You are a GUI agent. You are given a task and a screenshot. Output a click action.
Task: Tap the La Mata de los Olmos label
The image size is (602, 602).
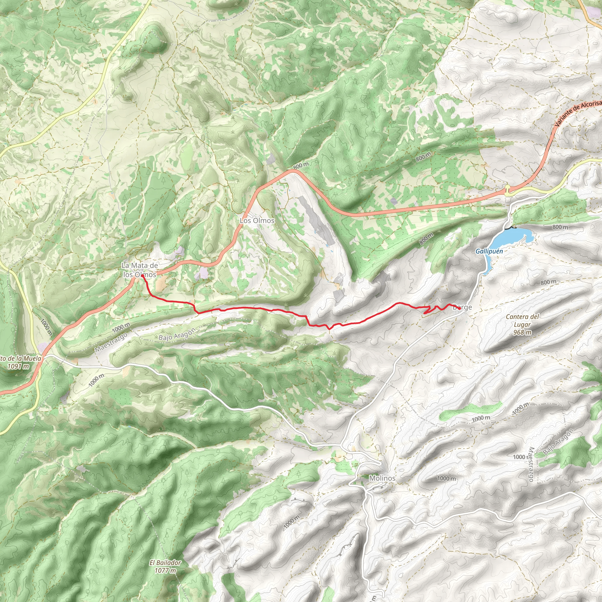coord(140,270)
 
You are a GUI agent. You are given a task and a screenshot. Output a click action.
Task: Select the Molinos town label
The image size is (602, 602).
coord(382,478)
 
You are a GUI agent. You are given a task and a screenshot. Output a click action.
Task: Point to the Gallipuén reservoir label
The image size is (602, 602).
coord(489,251)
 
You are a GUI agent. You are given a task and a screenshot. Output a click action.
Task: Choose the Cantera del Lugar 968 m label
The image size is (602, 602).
coord(523,325)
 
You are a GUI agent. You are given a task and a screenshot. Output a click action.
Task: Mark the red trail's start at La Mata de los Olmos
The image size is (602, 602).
coord(142,276)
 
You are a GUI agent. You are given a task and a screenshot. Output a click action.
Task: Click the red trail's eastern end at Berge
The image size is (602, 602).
coord(451,305)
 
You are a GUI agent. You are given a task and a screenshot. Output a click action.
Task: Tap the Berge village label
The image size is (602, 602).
coord(462,307)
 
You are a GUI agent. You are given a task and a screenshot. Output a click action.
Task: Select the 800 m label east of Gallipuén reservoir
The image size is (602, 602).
coord(560,227)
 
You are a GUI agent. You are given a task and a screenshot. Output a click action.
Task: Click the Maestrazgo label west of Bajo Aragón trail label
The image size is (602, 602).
coord(111,342)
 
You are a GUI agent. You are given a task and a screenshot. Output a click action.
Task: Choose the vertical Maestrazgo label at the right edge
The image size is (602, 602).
coord(531,464)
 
